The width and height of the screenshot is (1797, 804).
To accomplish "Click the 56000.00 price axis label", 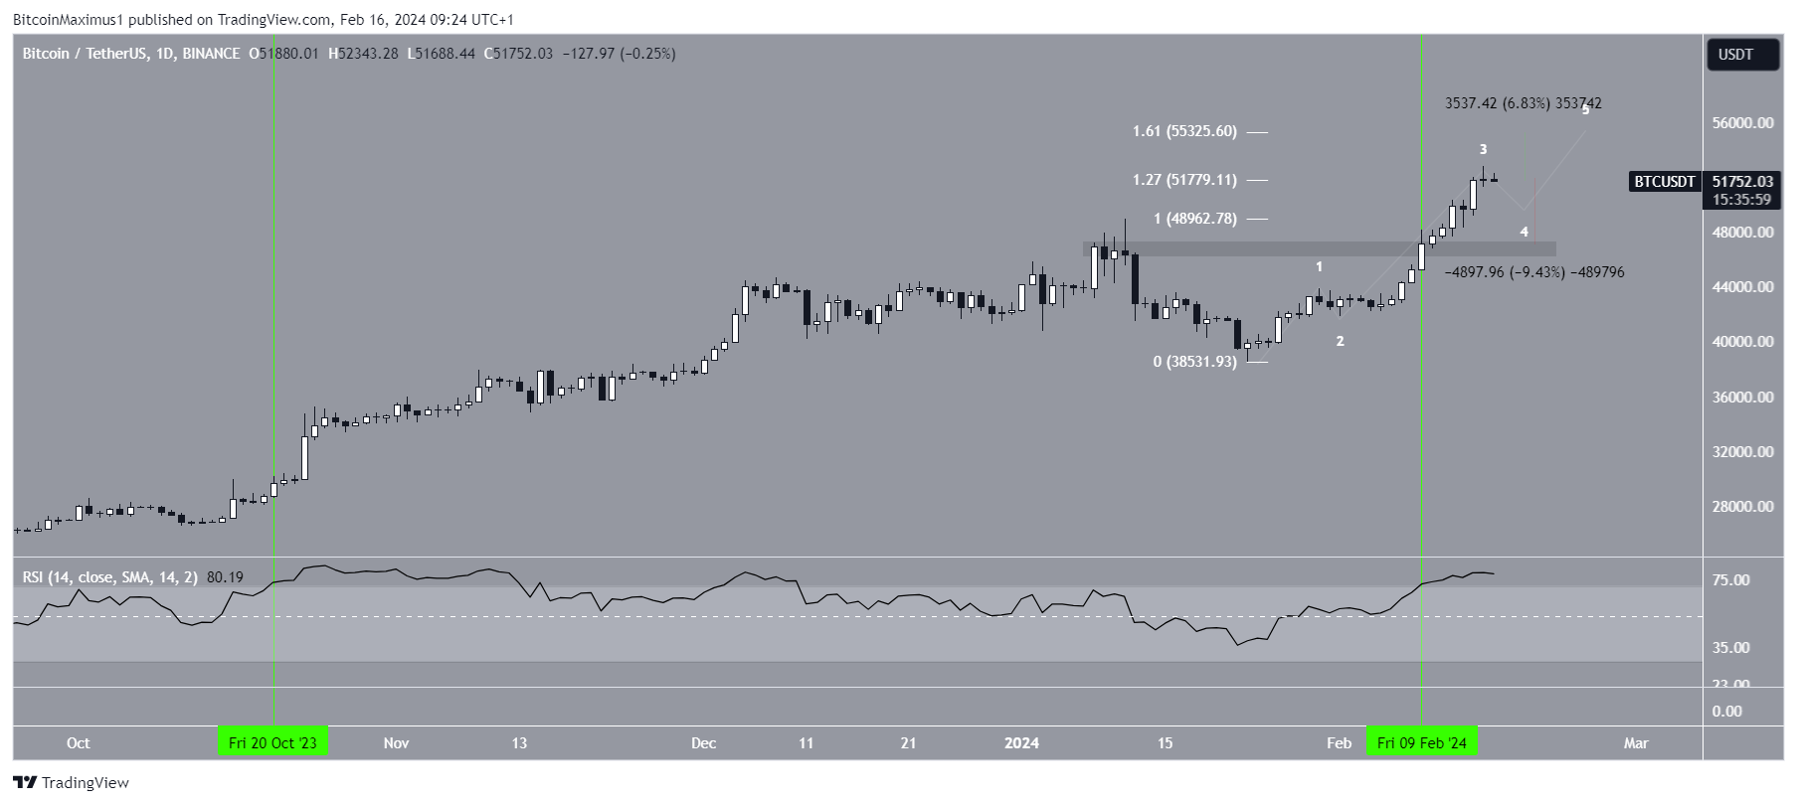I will point(1742,123).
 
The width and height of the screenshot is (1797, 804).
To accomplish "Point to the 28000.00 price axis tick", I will point(1742,507).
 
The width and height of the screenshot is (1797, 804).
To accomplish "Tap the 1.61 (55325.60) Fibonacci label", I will point(1184,131).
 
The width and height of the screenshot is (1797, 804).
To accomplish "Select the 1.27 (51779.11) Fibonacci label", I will point(1184,180).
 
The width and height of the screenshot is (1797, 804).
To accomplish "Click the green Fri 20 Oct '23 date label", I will point(272,742).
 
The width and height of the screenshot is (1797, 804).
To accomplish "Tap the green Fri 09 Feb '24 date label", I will point(1421,742).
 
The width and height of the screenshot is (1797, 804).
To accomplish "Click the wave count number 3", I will point(1483,150).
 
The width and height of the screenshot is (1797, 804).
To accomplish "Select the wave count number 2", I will point(1340,341).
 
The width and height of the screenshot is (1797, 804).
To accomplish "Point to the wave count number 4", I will point(1524,233).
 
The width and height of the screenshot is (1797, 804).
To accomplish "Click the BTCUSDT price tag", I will point(1664,182).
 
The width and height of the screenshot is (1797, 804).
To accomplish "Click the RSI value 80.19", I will point(225,577).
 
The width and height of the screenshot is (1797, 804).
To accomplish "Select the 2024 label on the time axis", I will point(1021,743).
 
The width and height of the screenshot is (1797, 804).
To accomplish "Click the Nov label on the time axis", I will point(396,743).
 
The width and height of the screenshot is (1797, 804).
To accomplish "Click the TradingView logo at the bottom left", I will point(71,783).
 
